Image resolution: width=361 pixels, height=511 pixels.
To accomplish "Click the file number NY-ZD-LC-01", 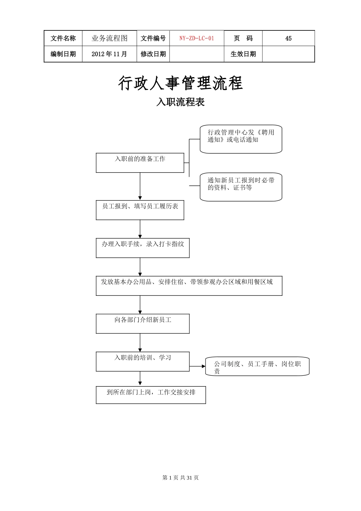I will pos(196,38).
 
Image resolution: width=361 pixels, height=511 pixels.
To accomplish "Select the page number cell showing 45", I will pos(288,38).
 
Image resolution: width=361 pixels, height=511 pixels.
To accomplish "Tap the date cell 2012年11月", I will pos(109,54).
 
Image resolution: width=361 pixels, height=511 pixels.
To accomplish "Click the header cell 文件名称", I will pos(63,38).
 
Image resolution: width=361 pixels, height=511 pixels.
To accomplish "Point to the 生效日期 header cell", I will pos(243,54).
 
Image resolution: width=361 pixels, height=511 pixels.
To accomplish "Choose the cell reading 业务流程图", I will pos(109,38).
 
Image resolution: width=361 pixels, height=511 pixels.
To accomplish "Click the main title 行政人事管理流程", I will pos(180,83).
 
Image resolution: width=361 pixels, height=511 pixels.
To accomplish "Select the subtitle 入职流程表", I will pos(180,102).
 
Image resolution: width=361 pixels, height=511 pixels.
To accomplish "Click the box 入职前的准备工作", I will pos(140,163).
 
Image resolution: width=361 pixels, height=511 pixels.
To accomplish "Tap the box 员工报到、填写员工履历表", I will pos(140,210).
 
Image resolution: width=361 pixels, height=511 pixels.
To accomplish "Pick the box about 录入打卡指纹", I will pos(142,248).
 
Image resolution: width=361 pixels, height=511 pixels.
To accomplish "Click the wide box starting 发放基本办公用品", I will pos(189,286).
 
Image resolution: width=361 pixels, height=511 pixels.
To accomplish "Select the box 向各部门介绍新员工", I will pos(142,324).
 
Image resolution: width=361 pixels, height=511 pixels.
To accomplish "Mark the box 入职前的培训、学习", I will pos(142,361).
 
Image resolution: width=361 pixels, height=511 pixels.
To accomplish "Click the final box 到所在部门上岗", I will pos(150,395).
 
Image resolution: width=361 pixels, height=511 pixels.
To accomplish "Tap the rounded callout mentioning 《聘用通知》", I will pos(241,139).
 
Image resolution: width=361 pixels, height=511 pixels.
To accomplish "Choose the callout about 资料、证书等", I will pos(241,187).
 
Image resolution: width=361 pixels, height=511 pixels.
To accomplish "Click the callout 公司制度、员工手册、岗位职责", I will pos(257,367).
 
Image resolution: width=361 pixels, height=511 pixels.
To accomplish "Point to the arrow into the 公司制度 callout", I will pos(198,367).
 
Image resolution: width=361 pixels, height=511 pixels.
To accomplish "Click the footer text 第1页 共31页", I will pos(180,478).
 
